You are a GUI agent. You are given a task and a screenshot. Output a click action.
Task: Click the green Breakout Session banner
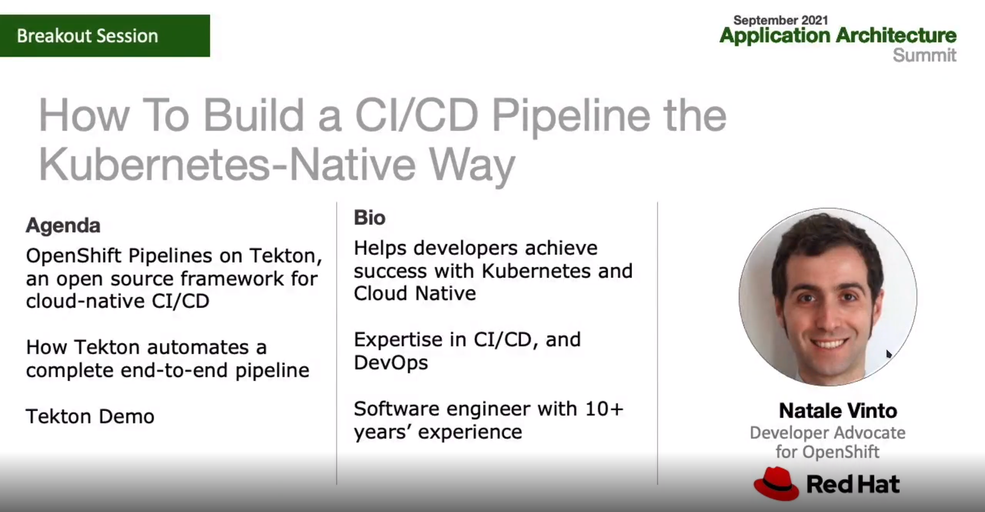105,35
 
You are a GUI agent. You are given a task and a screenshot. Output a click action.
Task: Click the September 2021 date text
780,20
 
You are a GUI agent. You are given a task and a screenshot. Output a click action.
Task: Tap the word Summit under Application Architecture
924,55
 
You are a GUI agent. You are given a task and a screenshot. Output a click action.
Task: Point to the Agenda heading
63,226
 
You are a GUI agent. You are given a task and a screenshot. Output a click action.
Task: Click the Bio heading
369,218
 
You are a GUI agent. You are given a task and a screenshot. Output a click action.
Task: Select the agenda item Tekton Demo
90,417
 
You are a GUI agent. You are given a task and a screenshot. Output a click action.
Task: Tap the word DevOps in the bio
391,363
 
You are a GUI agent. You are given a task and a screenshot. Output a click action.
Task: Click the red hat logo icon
776,483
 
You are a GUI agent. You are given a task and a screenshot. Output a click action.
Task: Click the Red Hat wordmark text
853,484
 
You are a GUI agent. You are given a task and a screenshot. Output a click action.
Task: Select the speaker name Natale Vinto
838,411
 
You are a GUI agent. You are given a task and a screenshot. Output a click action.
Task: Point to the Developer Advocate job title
828,433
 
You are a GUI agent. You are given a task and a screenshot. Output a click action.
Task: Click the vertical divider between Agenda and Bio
337,343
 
